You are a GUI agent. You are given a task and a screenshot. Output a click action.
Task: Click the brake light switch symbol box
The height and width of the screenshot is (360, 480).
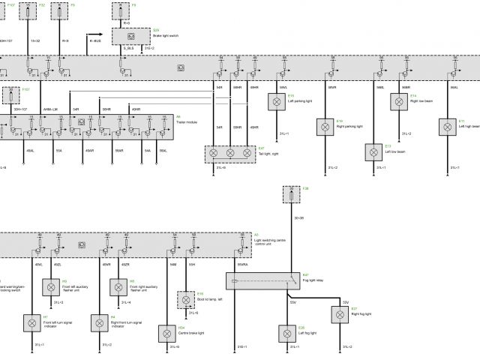131,36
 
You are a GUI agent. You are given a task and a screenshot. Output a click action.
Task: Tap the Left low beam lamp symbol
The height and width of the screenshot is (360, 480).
373,151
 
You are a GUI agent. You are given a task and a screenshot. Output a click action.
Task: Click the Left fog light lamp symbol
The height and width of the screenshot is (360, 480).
286,332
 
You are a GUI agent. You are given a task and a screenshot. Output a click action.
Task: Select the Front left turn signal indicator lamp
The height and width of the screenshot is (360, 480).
32,323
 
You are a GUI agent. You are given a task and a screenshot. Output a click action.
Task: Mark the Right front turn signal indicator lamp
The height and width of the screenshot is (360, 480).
99,323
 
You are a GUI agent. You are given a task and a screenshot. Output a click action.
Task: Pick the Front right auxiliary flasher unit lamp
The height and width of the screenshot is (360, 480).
118,286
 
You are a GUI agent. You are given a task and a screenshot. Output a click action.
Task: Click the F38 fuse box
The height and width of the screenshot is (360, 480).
293,195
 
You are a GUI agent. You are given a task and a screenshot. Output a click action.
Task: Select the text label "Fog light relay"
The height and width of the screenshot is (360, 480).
312,281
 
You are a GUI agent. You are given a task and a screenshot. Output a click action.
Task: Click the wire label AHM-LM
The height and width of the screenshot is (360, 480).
51,109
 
